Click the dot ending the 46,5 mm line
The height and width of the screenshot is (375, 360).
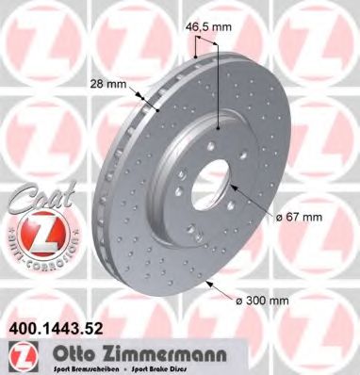[x=220, y=126]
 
